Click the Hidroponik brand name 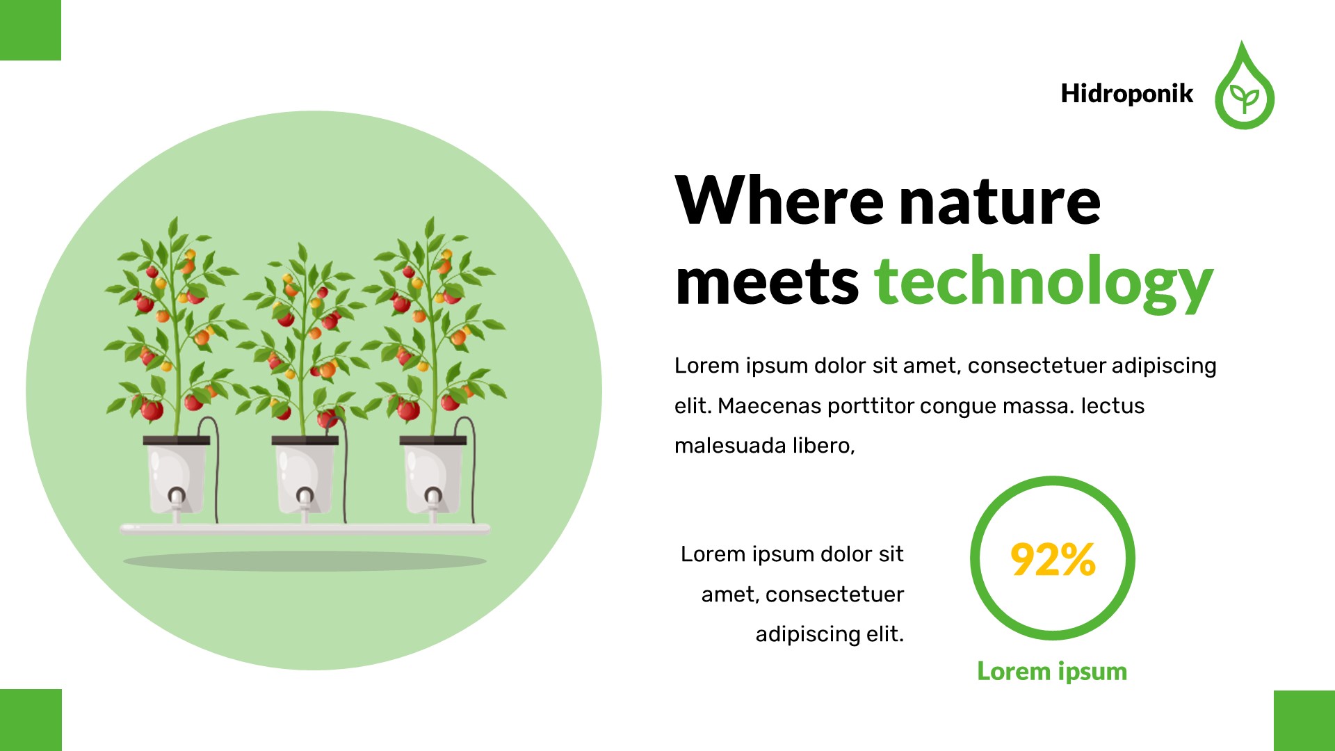point(1126,93)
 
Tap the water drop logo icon point(1244,90)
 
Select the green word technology point(1043,282)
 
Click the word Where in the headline point(779,201)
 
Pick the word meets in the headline point(767,282)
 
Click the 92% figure point(1053,560)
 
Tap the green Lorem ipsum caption point(1052,671)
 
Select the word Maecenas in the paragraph point(769,405)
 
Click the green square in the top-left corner point(30,30)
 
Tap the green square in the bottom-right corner point(1304,720)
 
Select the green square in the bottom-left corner point(31,720)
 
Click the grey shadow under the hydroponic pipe point(305,560)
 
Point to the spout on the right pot point(433,498)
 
